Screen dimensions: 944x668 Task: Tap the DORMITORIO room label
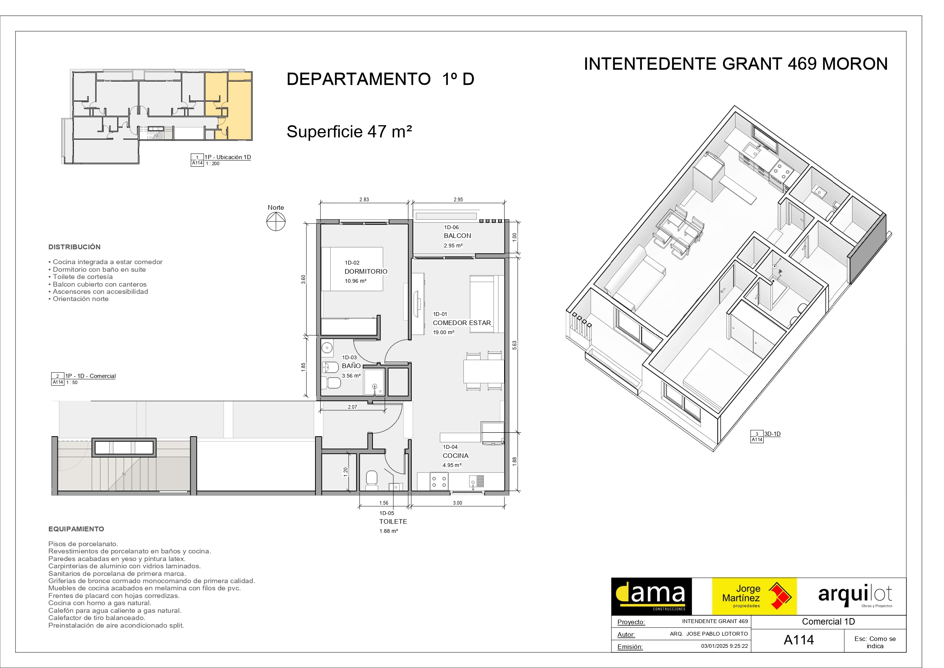(x=366, y=271)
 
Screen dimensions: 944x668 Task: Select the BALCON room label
(x=457, y=236)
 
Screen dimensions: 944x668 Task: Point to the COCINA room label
(x=455, y=456)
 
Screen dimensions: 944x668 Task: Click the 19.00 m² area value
(x=444, y=332)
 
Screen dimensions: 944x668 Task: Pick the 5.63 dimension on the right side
(x=514, y=345)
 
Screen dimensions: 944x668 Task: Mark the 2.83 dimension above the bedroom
(x=364, y=199)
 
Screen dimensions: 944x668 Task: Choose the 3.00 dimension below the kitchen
(x=458, y=503)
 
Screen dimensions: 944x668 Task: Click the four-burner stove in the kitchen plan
(x=439, y=481)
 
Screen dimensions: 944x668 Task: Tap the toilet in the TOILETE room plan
(x=372, y=480)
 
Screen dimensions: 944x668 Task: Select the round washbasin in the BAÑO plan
(x=327, y=348)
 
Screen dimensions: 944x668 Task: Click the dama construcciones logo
(x=651, y=596)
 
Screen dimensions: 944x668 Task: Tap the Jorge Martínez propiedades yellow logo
(x=754, y=596)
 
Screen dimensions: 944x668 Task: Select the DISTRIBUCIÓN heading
(x=75, y=247)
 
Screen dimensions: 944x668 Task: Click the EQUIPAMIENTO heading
(x=76, y=529)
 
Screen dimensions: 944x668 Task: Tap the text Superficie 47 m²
(x=349, y=132)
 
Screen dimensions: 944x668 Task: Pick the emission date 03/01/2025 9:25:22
(x=724, y=646)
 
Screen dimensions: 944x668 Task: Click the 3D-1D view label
(x=772, y=434)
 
